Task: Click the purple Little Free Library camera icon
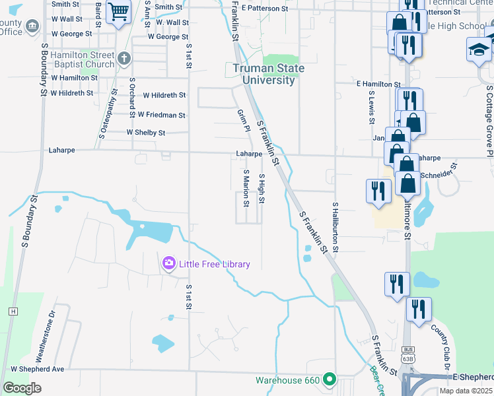(x=169, y=264)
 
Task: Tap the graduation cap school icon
(x=479, y=49)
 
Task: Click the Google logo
(x=22, y=388)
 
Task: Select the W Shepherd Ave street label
(x=37, y=369)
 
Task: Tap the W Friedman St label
(x=161, y=115)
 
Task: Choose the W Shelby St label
(x=146, y=133)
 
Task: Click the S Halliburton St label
(x=335, y=228)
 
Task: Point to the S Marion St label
(x=246, y=188)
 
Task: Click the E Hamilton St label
(x=378, y=84)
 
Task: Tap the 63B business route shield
(x=407, y=355)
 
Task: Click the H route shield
(x=13, y=311)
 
